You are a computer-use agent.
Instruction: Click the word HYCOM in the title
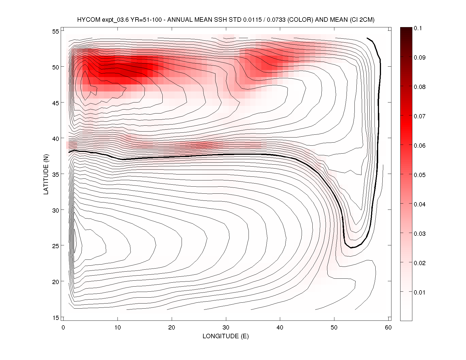[89, 20]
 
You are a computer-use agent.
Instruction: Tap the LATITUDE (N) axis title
[46, 174]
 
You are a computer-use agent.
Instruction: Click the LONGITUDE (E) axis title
[226, 336]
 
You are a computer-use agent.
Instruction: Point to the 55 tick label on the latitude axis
[56, 31]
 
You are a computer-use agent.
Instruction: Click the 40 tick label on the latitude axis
[56, 139]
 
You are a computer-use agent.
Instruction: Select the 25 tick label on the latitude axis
[56, 246]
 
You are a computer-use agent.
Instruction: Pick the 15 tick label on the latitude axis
[56, 318]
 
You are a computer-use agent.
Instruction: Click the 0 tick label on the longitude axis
[63, 328]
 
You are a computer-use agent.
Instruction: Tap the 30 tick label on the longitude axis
[226, 328]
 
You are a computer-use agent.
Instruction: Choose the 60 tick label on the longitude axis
[388, 328]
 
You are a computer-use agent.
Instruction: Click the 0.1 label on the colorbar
[418, 28]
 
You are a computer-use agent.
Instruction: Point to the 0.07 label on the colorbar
[419, 116]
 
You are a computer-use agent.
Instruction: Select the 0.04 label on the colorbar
[419, 204]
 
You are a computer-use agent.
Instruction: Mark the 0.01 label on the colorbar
[419, 292]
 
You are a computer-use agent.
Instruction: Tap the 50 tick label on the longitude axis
[334, 328]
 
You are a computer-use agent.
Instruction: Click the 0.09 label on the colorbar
[419, 58]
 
